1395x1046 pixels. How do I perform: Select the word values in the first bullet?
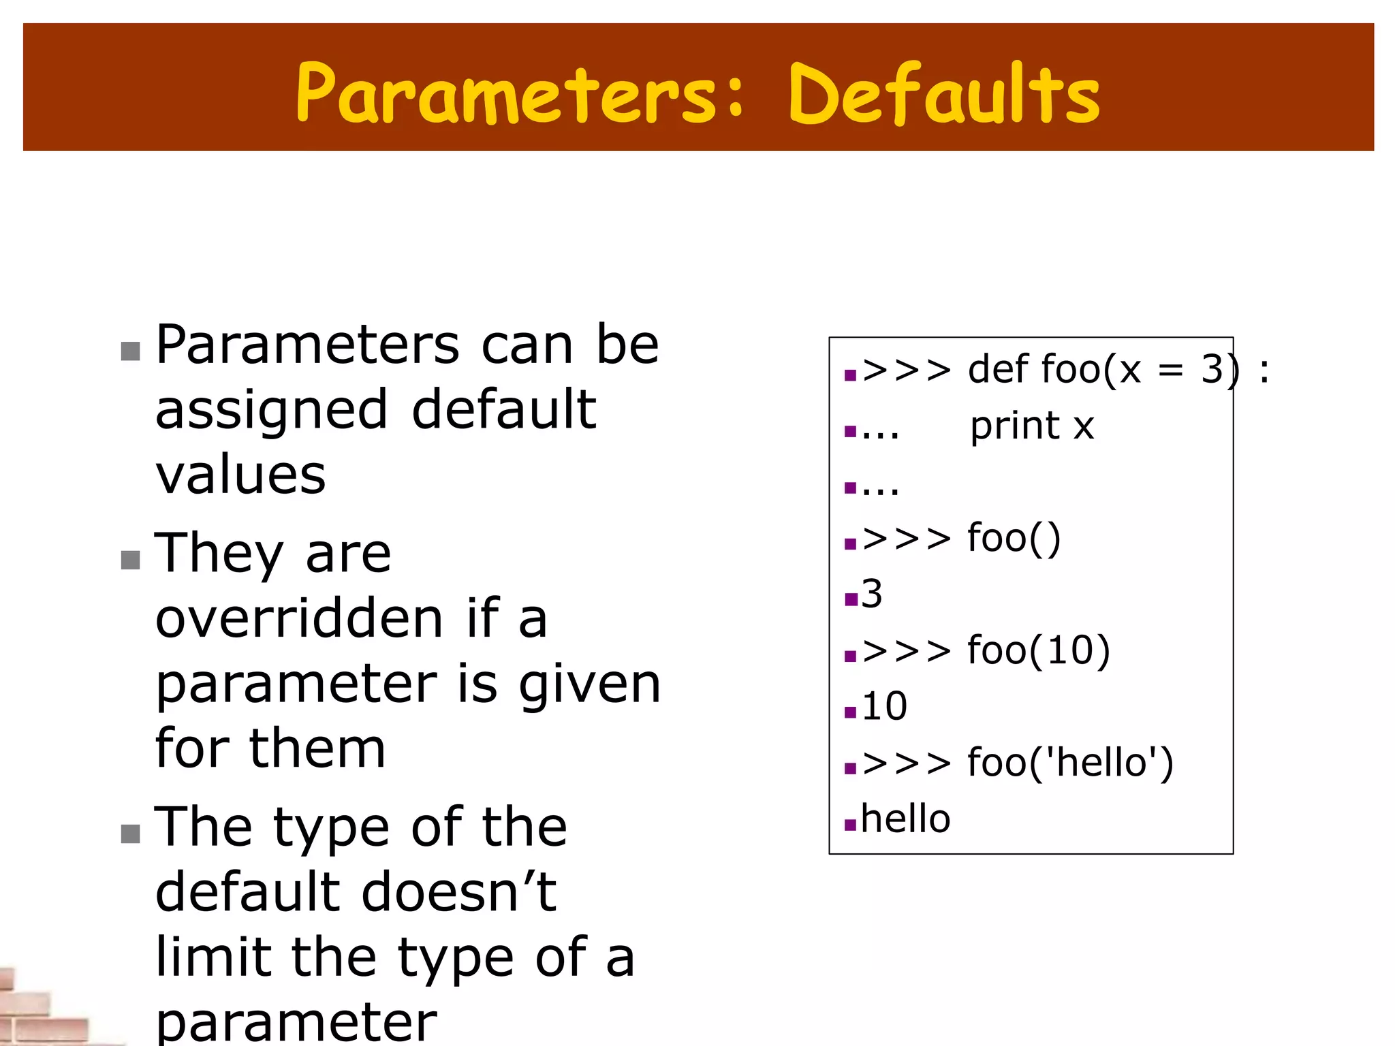[240, 475]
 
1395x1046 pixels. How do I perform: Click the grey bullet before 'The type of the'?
[130, 834]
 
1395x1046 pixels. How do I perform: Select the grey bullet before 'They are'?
[130, 560]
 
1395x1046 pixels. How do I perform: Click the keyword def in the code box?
[998, 369]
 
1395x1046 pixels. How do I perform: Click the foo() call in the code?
[1014, 538]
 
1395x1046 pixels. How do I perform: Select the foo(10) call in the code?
[1039, 650]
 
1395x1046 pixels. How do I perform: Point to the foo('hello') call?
[1070, 762]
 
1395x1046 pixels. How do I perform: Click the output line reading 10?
[884, 706]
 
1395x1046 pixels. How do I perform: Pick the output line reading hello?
[905, 819]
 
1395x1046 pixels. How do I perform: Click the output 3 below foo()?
[872, 594]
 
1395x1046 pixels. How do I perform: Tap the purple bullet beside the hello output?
[849, 825]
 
